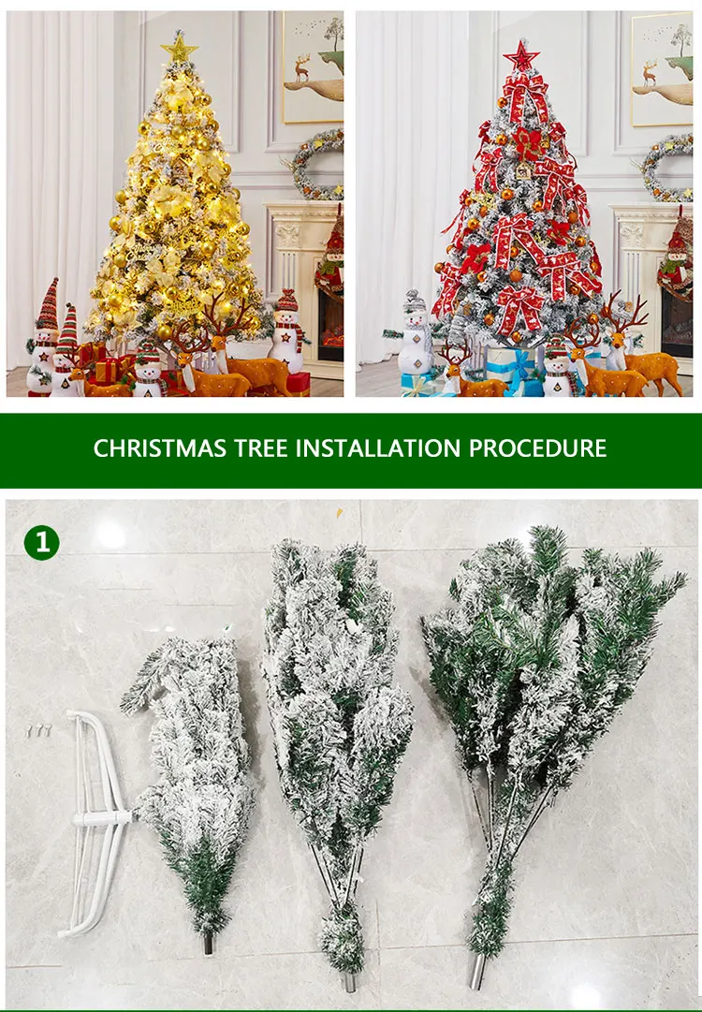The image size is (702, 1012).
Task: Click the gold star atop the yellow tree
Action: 179,49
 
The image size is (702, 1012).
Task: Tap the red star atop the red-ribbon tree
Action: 520,56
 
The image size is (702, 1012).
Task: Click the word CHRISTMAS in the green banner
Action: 159,447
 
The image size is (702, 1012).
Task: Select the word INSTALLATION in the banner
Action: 378,447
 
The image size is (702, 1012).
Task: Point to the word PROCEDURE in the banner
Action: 537,447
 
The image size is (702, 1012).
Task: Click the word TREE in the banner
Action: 260,447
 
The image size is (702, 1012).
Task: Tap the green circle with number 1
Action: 41,543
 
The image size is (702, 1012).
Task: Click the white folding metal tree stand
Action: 95,821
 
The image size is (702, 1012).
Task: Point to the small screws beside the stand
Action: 38,730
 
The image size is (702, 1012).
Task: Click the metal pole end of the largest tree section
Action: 476,971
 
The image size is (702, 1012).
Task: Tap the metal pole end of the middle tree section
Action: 349,982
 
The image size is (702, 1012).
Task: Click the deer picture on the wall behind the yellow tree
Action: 313,67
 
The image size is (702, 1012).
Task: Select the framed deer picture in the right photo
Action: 662,68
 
